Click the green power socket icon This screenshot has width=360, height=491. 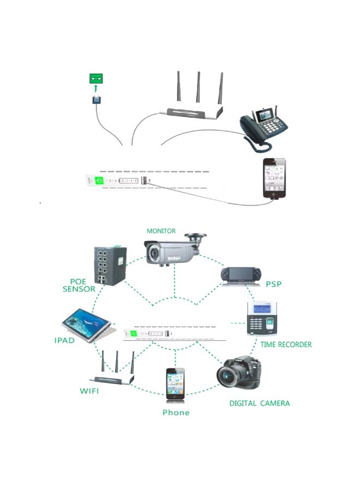(x=97, y=79)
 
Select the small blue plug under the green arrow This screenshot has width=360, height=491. (x=97, y=99)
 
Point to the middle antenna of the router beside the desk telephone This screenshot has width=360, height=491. (x=199, y=87)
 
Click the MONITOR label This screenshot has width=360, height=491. (x=161, y=231)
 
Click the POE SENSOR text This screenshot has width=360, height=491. (x=80, y=285)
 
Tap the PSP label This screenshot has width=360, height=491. (x=273, y=284)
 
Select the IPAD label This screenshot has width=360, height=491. (x=68, y=340)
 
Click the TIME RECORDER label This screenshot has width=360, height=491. (x=286, y=345)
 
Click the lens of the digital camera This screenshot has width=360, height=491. (x=229, y=376)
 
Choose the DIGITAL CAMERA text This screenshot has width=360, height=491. (x=259, y=403)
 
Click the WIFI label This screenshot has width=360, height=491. (x=90, y=391)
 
